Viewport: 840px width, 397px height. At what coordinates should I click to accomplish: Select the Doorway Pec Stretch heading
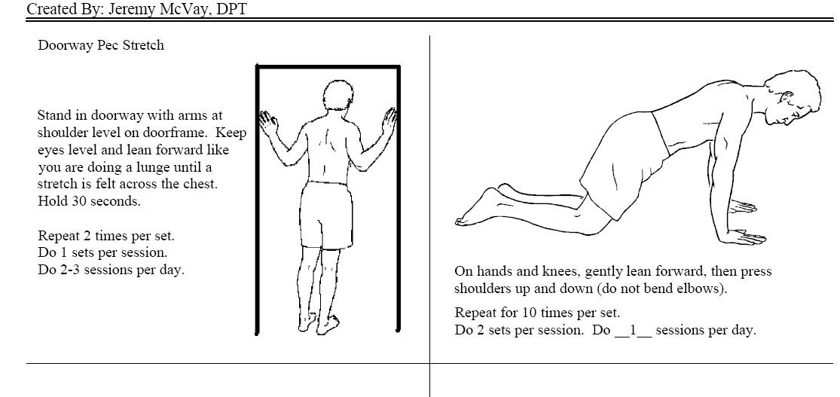coord(101,45)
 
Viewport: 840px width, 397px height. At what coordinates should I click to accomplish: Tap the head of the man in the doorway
coord(338,97)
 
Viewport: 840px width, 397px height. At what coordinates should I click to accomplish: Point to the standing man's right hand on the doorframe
coord(389,121)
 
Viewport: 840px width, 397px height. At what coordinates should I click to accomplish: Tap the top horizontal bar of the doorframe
coord(328,66)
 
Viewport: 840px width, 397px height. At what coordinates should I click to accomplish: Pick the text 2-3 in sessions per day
coord(69,270)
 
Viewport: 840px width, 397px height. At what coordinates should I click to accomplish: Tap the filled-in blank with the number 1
coord(633,330)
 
